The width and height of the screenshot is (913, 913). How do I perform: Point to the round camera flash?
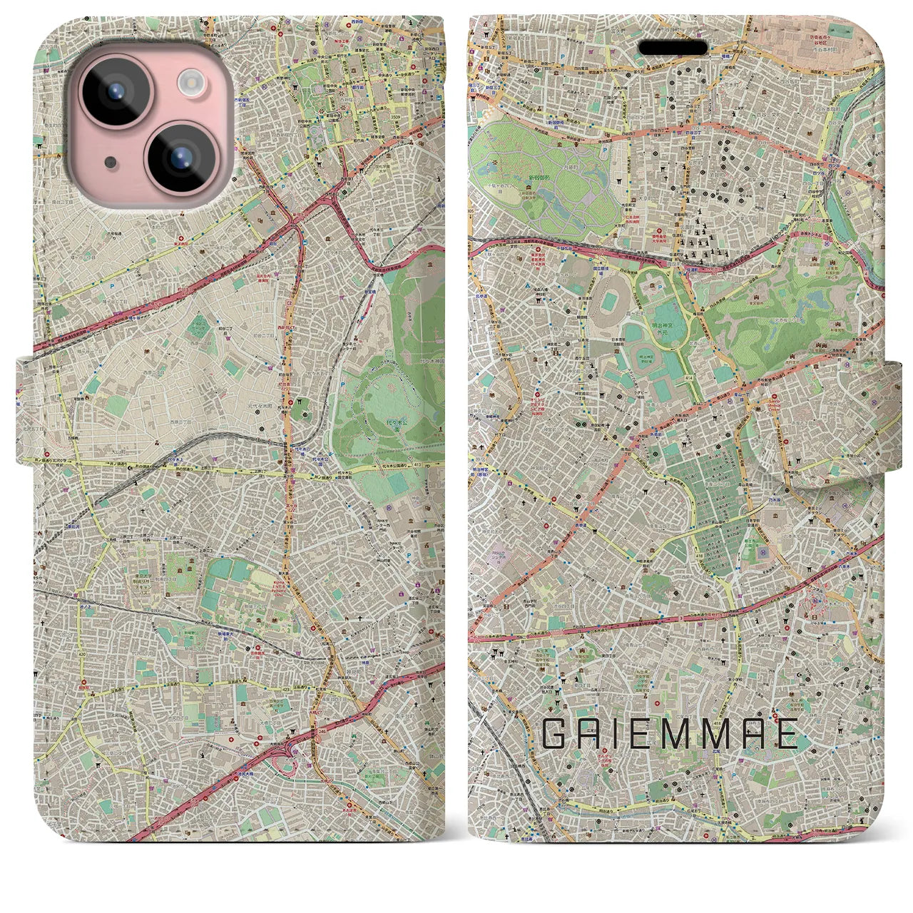pyautogui.click(x=191, y=83)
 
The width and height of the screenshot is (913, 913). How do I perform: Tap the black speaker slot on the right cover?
pyautogui.click(x=673, y=47)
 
